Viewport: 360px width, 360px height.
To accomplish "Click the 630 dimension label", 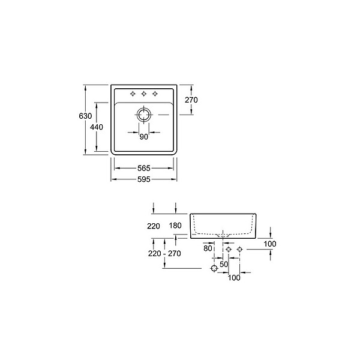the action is tap(85, 116).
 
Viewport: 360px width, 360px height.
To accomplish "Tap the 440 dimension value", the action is tap(97, 127).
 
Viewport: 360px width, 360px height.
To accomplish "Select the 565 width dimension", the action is tap(144, 168).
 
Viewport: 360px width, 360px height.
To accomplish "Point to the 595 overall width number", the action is tap(144, 179).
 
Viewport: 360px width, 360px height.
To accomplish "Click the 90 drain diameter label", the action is tap(144, 137).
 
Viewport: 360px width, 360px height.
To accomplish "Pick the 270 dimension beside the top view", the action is tap(191, 100).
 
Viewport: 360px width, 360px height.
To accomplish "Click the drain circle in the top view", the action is tap(144, 115).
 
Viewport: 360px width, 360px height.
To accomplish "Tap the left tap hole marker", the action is tap(133, 94).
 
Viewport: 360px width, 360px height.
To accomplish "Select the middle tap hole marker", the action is tap(144, 94).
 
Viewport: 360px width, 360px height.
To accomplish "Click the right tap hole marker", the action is tap(155, 94).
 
